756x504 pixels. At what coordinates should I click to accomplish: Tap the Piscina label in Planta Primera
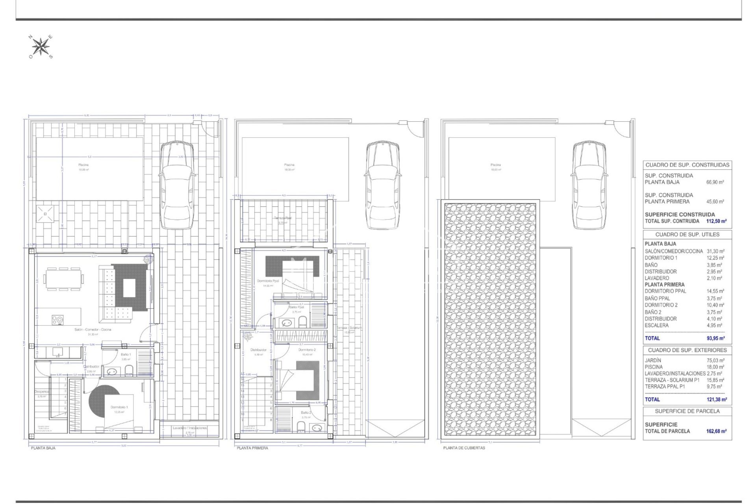coord(289,165)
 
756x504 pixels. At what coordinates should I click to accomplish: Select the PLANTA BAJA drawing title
coord(43,448)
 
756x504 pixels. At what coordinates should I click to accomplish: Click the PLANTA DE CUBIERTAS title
coord(464,448)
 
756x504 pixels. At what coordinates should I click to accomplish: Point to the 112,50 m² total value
coord(716,221)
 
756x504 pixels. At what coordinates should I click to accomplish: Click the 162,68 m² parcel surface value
coord(716,431)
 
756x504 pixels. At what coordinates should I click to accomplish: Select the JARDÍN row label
coord(653,360)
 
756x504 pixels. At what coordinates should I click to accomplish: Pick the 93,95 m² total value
coord(716,338)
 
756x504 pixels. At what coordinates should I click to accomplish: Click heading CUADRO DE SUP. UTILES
coord(687,234)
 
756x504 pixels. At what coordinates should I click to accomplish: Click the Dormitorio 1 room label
coord(119,407)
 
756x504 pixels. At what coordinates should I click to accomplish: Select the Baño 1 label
coord(126,354)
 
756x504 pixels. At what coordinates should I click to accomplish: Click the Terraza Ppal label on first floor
coord(283,218)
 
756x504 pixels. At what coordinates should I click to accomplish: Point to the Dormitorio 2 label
coord(307,350)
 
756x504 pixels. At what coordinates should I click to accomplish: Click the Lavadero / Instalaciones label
coord(190,428)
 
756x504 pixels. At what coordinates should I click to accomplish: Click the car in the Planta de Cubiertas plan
coord(589,185)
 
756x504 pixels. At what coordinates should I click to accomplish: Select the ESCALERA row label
coord(657,325)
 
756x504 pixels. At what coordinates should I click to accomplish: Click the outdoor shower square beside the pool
coord(45,214)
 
